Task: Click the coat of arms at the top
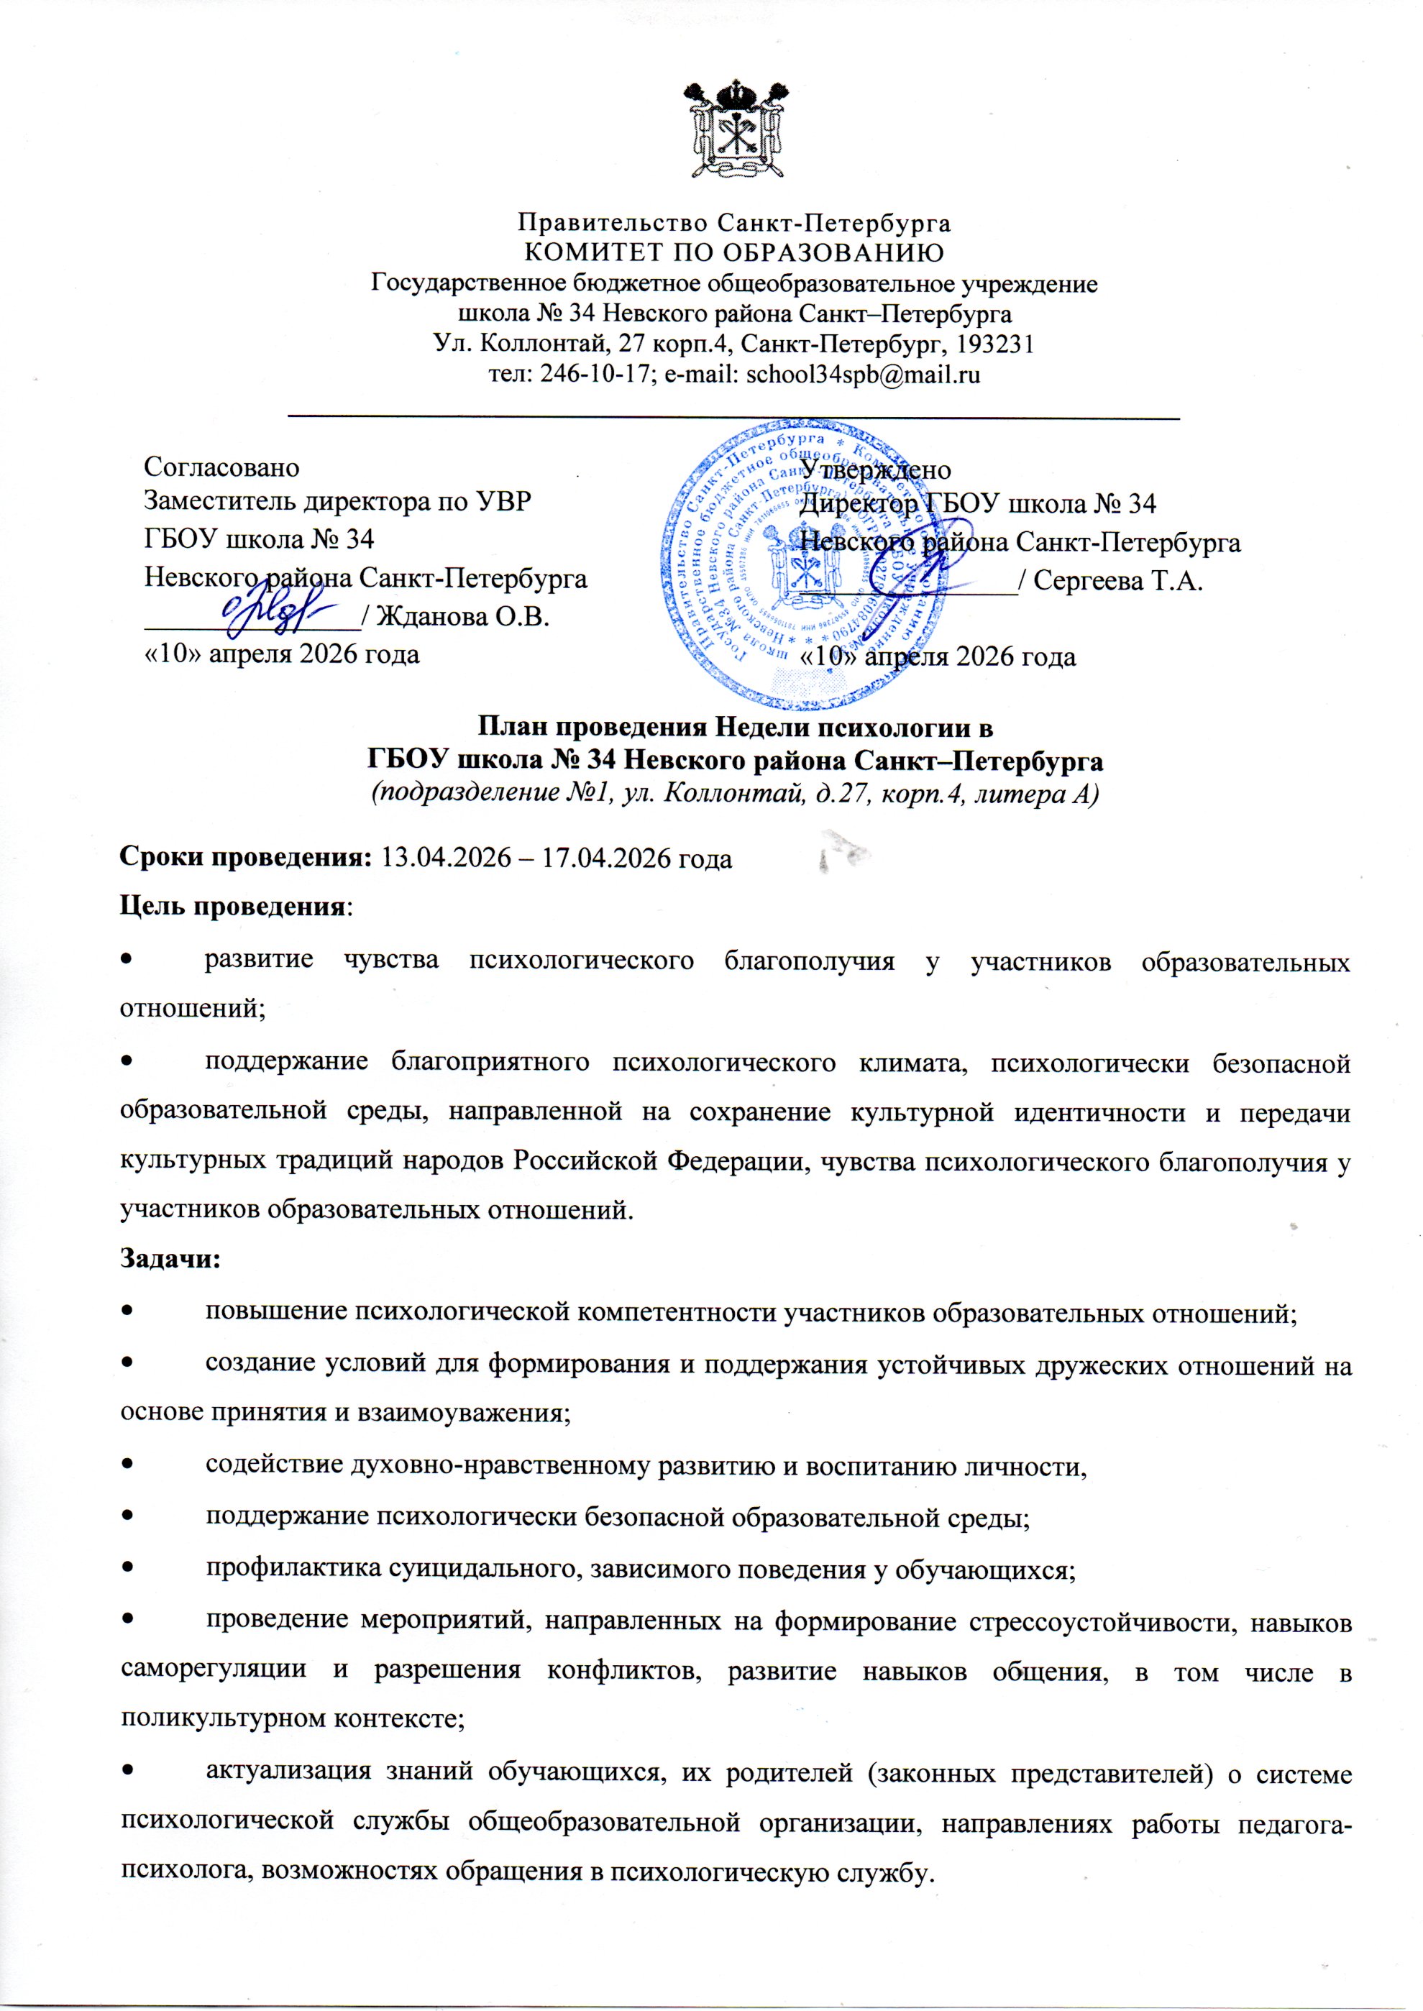(x=733, y=131)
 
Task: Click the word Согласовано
(x=221, y=467)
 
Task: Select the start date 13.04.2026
(x=447, y=858)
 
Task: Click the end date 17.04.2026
(x=609, y=858)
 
